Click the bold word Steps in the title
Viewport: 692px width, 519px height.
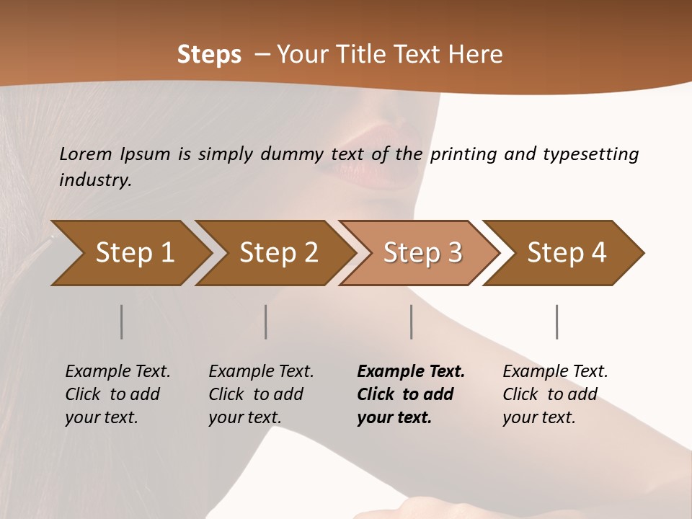(x=209, y=54)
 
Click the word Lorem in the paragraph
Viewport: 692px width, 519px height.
(x=86, y=154)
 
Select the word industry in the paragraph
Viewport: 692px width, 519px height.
(x=94, y=179)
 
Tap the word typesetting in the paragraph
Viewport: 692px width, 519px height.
(x=590, y=154)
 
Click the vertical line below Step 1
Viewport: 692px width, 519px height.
(x=122, y=321)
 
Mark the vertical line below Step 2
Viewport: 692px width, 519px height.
(x=266, y=321)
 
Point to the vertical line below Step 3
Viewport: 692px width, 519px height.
(x=412, y=321)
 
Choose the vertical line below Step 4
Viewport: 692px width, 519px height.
(x=557, y=321)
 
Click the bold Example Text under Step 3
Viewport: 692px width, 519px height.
(x=411, y=372)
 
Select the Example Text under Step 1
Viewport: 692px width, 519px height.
(x=117, y=372)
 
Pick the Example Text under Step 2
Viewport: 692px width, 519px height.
(x=261, y=372)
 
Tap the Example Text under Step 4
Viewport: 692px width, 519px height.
(x=555, y=372)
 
